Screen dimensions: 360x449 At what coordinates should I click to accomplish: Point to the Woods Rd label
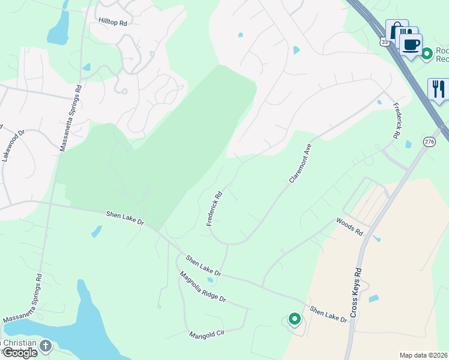click(x=350, y=227)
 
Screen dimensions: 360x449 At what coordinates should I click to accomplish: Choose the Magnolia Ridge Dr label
click(x=203, y=287)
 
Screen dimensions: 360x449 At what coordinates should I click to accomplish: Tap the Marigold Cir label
click(x=206, y=334)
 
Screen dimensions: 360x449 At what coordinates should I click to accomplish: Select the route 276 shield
click(x=429, y=142)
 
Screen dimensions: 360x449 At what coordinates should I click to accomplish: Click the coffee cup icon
click(x=411, y=44)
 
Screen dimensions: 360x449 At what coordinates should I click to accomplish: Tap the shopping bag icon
click(x=396, y=30)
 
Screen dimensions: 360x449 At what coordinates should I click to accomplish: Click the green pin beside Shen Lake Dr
click(x=294, y=319)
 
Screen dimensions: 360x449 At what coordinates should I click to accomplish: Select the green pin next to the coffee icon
click(x=427, y=54)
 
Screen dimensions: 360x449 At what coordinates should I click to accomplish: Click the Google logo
click(x=19, y=353)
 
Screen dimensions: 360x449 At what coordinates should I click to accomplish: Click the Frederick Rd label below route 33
click(x=397, y=120)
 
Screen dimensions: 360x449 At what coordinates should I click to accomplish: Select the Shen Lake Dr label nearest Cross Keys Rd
click(x=328, y=314)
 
